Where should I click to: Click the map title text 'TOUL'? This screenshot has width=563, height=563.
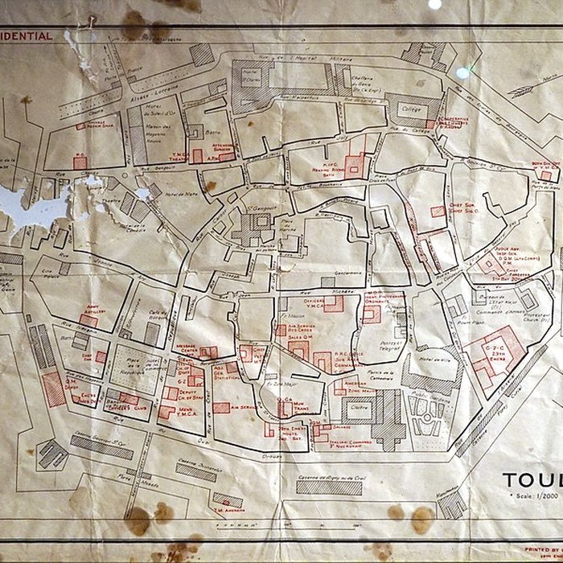click(x=532, y=480)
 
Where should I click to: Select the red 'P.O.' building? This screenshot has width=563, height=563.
click(x=80, y=161)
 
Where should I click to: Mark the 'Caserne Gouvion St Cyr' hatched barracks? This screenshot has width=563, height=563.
click(x=101, y=447)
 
